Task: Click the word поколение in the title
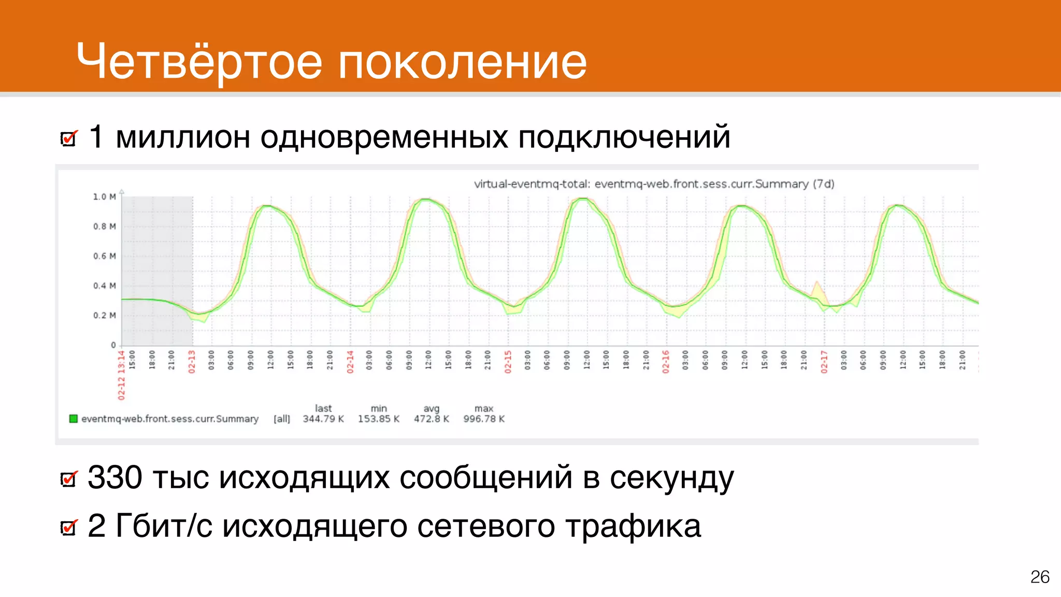(x=463, y=62)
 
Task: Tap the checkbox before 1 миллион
(x=69, y=138)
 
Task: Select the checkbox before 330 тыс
(x=69, y=479)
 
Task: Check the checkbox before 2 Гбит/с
(x=69, y=528)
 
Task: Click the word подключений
(x=624, y=137)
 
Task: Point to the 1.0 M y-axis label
(x=104, y=197)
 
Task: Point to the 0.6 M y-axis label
(x=104, y=256)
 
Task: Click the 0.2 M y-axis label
(x=104, y=315)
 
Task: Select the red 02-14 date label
(x=350, y=362)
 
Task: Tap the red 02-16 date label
(x=666, y=362)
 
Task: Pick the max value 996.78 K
(x=483, y=419)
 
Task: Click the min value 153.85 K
(x=378, y=419)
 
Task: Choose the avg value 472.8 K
(x=431, y=419)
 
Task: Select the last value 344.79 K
(x=323, y=419)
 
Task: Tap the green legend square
(x=74, y=418)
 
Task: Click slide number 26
(x=1039, y=577)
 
